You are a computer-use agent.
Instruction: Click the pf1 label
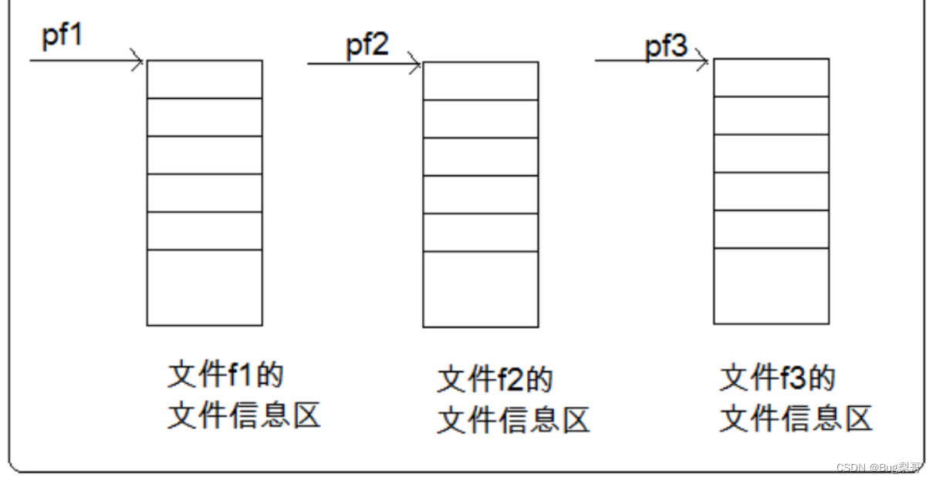(62, 36)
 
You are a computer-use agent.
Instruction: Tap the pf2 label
(367, 46)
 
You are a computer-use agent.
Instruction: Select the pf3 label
(666, 46)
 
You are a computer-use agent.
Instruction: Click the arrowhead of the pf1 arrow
(139, 60)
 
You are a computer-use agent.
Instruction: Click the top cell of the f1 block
(205, 79)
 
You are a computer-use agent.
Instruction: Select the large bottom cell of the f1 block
(205, 287)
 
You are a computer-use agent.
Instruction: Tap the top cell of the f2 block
(480, 81)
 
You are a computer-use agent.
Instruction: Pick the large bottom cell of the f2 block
(480, 289)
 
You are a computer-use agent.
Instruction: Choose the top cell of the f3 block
(771, 77)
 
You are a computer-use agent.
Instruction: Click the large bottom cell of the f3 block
(771, 286)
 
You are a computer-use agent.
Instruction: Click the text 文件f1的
(226, 375)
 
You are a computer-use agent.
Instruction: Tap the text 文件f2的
(495, 380)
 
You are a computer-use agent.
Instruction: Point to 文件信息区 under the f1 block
(244, 416)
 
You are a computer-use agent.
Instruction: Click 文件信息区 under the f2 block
(513, 421)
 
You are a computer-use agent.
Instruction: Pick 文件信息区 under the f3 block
(796, 418)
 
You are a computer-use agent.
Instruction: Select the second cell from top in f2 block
(480, 119)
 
